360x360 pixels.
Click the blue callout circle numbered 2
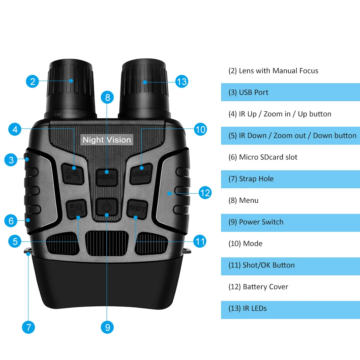point(32,81)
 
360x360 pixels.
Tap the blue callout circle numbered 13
point(182,82)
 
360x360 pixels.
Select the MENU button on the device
point(107,177)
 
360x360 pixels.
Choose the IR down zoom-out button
point(76,209)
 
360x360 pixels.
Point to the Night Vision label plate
point(107,140)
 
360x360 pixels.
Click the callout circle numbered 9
point(107,327)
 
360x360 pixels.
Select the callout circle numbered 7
point(28,327)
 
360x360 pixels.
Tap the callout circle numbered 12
point(204,193)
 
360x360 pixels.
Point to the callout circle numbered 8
point(107,96)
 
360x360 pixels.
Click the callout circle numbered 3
point(11,159)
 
